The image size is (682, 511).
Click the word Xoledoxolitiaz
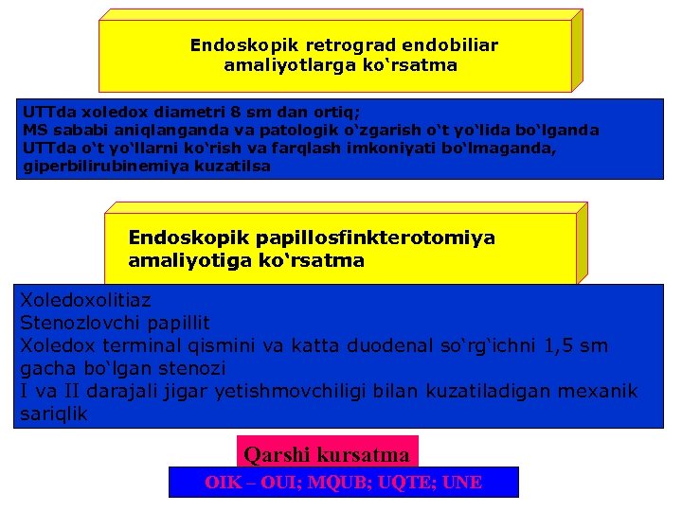click(x=85, y=301)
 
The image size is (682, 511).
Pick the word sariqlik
click(x=54, y=414)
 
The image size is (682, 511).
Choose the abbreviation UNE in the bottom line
click(x=462, y=483)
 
